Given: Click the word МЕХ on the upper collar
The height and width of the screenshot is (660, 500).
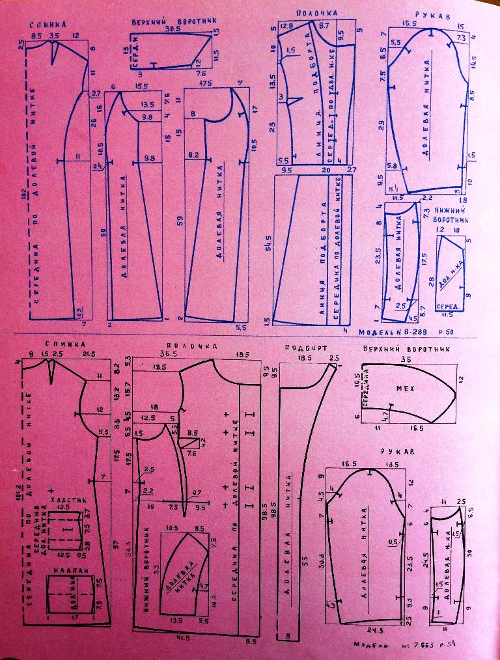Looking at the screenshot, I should (405, 389).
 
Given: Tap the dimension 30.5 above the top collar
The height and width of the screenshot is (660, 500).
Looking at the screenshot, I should (173, 29).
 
